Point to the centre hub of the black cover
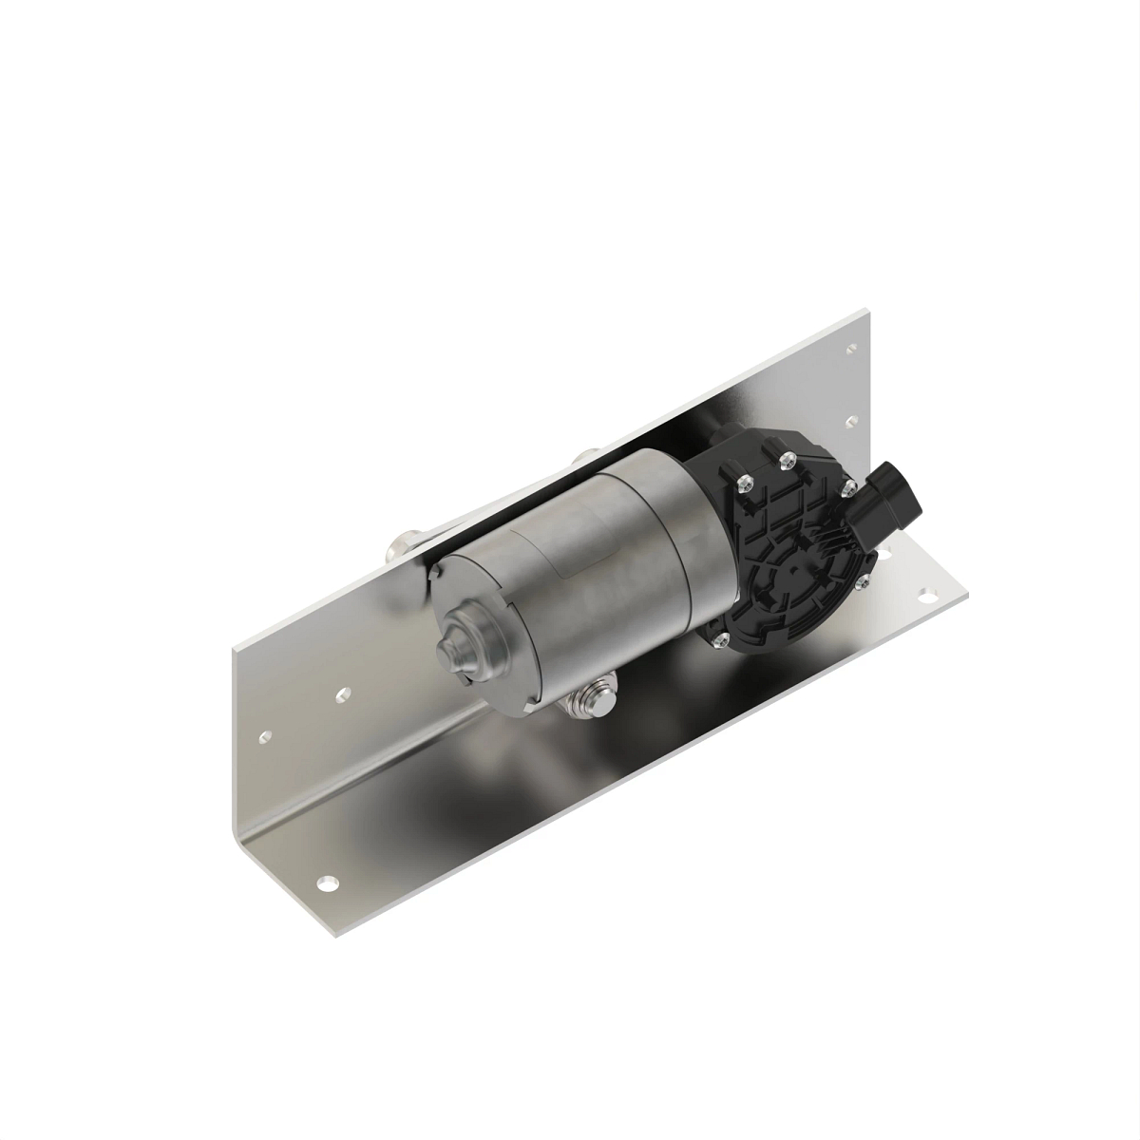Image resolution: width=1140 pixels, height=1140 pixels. click(x=790, y=564)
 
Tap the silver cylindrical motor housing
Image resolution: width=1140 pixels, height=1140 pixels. click(x=570, y=579)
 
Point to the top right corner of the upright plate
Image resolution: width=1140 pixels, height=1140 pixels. click(x=865, y=310)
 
